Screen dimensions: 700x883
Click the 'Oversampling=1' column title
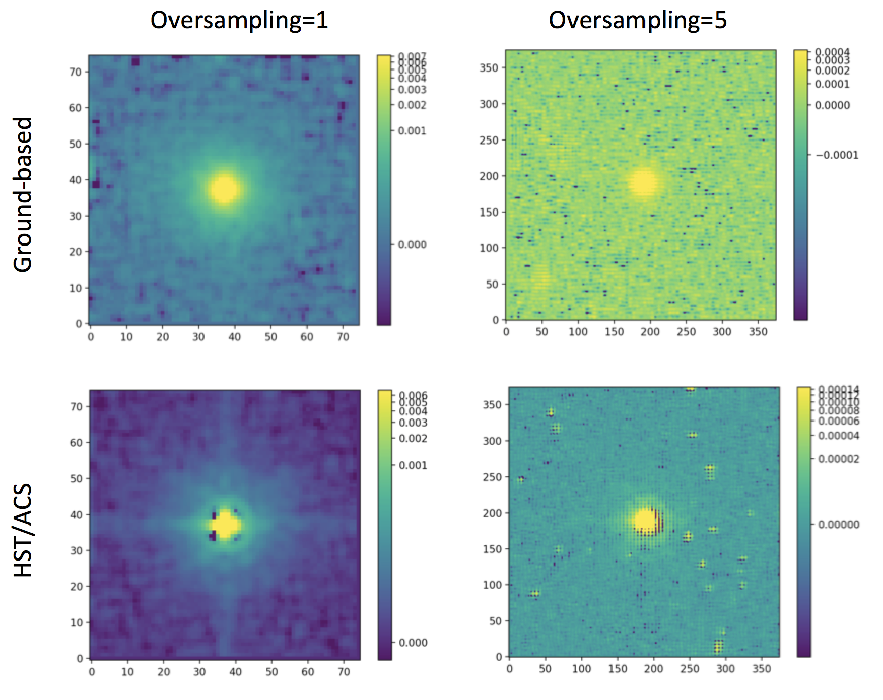pyautogui.click(x=239, y=20)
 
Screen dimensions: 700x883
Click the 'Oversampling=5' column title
pyautogui.click(x=637, y=20)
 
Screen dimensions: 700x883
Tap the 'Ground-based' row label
pyautogui.click(x=23, y=195)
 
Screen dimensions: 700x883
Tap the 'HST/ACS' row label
pyautogui.click(x=23, y=530)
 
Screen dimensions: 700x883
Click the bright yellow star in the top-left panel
pyautogui.click(x=224, y=189)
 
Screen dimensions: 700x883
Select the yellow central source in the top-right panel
pyautogui.click(x=643, y=183)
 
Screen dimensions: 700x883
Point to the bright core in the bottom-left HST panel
pyautogui.click(x=225, y=525)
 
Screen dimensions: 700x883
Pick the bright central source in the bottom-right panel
pyautogui.click(x=646, y=520)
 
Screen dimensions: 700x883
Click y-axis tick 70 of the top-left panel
pyautogui.click(x=75, y=72)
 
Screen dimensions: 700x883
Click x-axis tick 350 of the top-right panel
pyautogui.click(x=758, y=332)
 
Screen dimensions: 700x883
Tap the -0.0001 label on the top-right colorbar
pyautogui.click(x=837, y=155)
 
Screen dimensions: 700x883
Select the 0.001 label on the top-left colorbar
pyautogui.click(x=412, y=131)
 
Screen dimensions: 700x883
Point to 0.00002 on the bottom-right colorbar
pyautogui.click(x=838, y=459)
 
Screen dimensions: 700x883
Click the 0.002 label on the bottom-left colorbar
pyautogui.click(x=413, y=438)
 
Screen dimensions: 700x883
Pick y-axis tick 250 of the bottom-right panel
pyautogui.click(x=492, y=477)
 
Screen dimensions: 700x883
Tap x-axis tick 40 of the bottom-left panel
pyautogui.click(x=235, y=672)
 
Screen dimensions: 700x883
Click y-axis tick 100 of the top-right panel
pyautogui.click(x=489, y=248)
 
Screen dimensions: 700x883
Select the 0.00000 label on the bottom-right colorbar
pyautogui.click(x=838, y=524)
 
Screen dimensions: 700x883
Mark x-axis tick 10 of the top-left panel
pyautogui.click(x=126, y=337)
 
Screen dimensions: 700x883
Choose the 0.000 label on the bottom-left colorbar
pyautogui.click(x=413, y=643)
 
